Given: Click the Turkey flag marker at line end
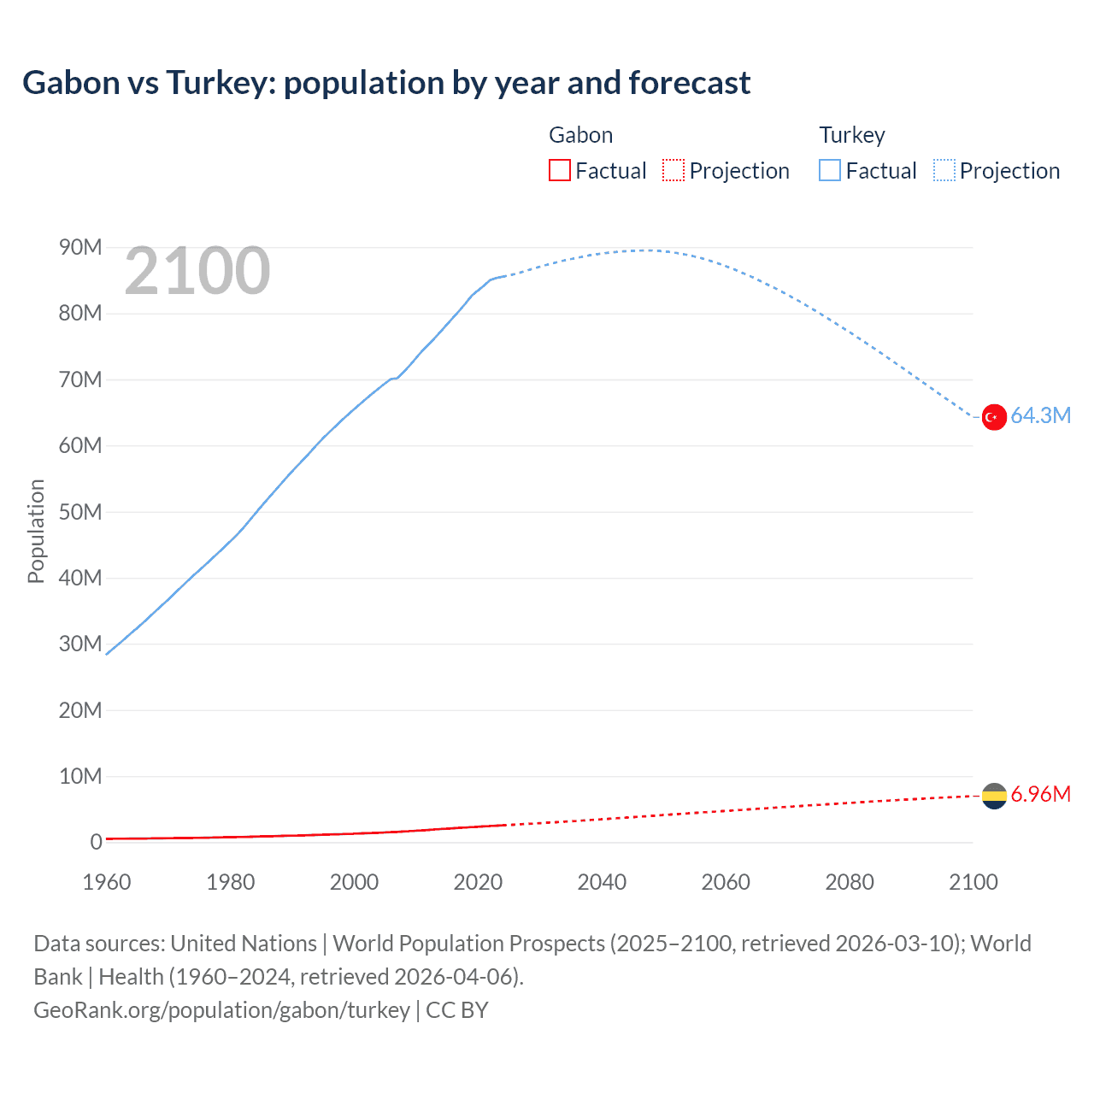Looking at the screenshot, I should click(x=993, y=417).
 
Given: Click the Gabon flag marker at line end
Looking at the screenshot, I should click(x=993, y=796).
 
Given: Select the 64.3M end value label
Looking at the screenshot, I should click(x=1040, y=416).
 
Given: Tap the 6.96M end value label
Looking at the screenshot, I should click(x=1040, y=795).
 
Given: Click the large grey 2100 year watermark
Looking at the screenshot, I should click(x=197, y=272).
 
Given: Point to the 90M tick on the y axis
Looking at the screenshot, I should click(x=80, y=248).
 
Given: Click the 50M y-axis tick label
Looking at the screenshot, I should click(x=80, y=512).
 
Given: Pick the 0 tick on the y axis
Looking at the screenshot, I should click(x=96, y=843).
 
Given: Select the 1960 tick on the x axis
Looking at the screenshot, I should click(x=107, y=882).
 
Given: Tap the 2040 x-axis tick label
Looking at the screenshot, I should click(x=602, y=882).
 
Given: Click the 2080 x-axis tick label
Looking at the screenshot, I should click(x=850, y=882).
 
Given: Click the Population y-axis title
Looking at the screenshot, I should click(x=36, y=531).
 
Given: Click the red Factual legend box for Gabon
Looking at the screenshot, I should click(x=559, y=171).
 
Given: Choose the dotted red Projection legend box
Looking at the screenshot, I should click(x=673, y=171).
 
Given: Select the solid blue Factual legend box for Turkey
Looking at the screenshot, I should click(x=830, y=171).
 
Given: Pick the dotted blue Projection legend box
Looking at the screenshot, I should click(x=944, y=171).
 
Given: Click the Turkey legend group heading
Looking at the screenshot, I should click(x=852, y=135).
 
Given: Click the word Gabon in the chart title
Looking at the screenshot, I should click(x=71, y=83).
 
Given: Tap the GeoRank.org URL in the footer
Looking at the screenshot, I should click(x=221, y=1010).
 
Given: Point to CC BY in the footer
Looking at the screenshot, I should click(x=457, y=1010).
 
